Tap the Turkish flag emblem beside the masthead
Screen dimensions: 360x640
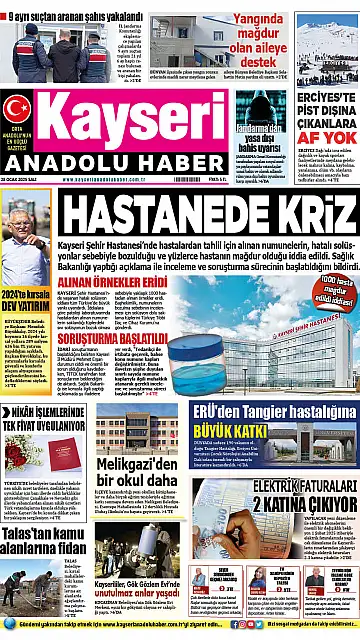pos(17,108)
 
